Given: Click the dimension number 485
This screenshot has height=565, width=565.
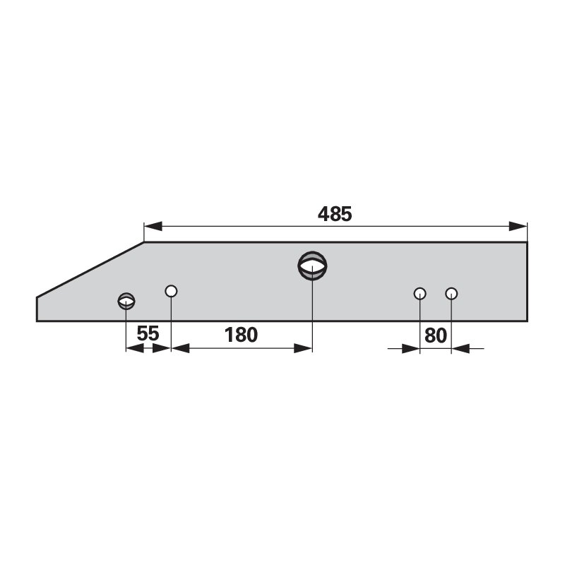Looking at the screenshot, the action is [334, 214].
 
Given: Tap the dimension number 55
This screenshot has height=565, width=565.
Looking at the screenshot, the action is [148, 333].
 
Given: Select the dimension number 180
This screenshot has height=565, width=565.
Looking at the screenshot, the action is [241, 335].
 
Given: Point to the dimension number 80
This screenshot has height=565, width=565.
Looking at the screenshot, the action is [435, 335].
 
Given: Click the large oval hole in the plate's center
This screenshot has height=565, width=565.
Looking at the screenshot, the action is [312, 266].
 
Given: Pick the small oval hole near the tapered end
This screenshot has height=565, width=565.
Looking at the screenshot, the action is [126, 301].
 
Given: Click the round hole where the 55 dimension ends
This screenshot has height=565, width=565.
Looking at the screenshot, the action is [171, 291].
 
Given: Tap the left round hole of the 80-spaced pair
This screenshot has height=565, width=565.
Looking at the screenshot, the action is [420, 294].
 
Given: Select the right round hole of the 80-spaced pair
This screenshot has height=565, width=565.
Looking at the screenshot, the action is [451, 294].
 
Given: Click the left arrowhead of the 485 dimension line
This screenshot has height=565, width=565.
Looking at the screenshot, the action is [153, 226].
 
